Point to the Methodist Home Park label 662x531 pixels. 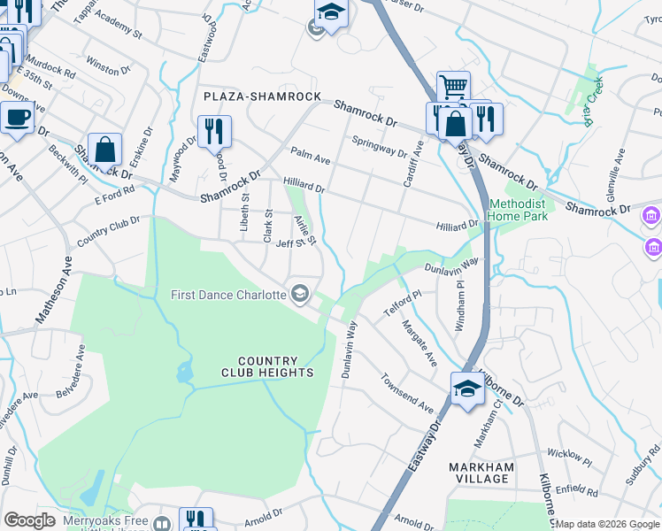[x=518, y=209]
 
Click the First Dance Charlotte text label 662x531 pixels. [x=228, y=294]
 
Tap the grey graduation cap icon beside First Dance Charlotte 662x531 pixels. [x=300, y=294]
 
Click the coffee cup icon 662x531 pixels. [x=16, y=117]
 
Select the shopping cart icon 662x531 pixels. [x=453, y=87]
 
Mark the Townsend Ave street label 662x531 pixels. [x=407, y=393]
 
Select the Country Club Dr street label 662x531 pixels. [x=109, y=232]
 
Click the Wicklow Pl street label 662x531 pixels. [x=569, y=457]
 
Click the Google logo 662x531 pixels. [x=29, y=520]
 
